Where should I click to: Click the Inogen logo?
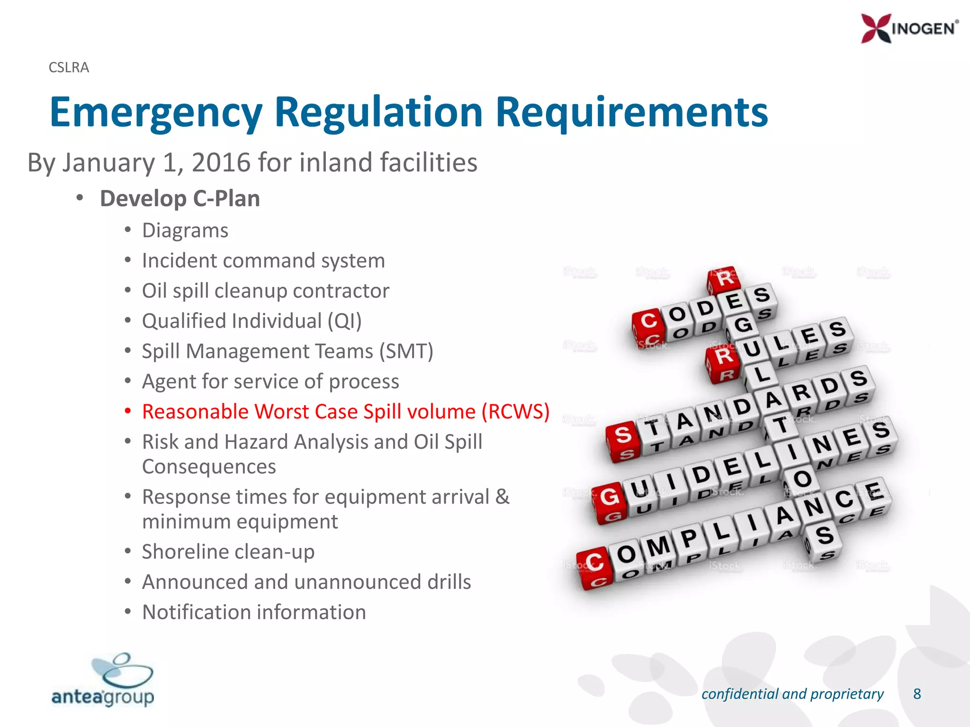909,28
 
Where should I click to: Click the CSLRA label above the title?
69,68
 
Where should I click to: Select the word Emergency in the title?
156,113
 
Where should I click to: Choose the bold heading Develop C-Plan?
180,199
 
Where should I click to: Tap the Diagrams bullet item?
185,231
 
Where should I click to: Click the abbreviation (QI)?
345,321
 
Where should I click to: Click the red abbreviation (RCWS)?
515,412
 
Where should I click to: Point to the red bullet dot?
127,411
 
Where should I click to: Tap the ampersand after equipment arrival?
503,497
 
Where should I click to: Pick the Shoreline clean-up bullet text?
228,552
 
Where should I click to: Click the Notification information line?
254,612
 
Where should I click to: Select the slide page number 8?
917,694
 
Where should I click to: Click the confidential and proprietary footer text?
792,694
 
